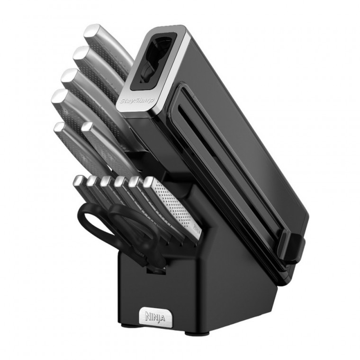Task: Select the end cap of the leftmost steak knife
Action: point(78,180)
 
